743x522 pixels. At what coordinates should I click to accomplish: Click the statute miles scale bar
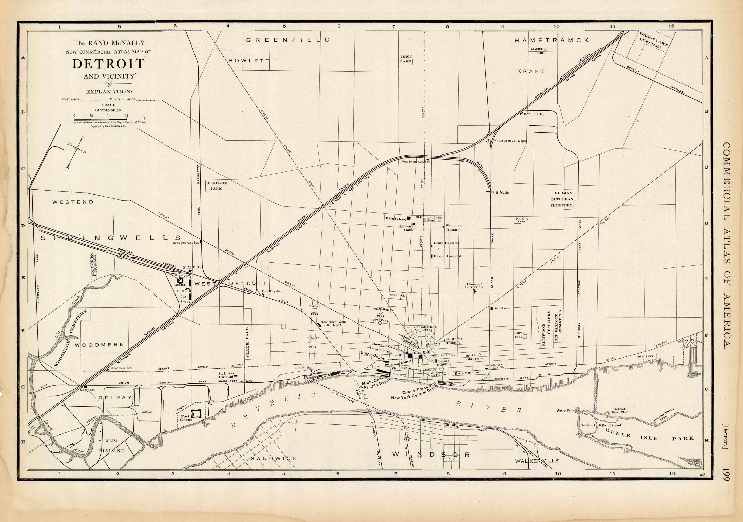(x=109, y=119)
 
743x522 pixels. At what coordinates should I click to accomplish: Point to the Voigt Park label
(x=406, y=59)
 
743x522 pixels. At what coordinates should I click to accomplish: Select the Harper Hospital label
(x=447, y=256)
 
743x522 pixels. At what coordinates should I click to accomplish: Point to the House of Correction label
(x=474, y=285)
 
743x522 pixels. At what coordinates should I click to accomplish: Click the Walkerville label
(x=537, y=460)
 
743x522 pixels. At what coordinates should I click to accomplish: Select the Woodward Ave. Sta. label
(x=415, y=162)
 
